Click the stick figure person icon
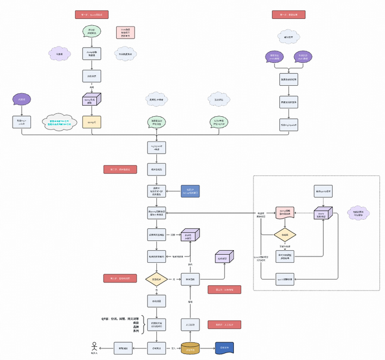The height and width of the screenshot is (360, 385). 94,347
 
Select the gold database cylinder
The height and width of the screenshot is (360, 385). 190,348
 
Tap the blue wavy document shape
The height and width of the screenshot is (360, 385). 225,348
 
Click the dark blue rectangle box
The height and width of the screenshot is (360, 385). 190,192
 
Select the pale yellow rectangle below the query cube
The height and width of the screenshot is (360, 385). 91,122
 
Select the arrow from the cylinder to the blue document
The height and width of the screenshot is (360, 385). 208,348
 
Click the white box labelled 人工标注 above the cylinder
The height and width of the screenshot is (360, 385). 190,325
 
